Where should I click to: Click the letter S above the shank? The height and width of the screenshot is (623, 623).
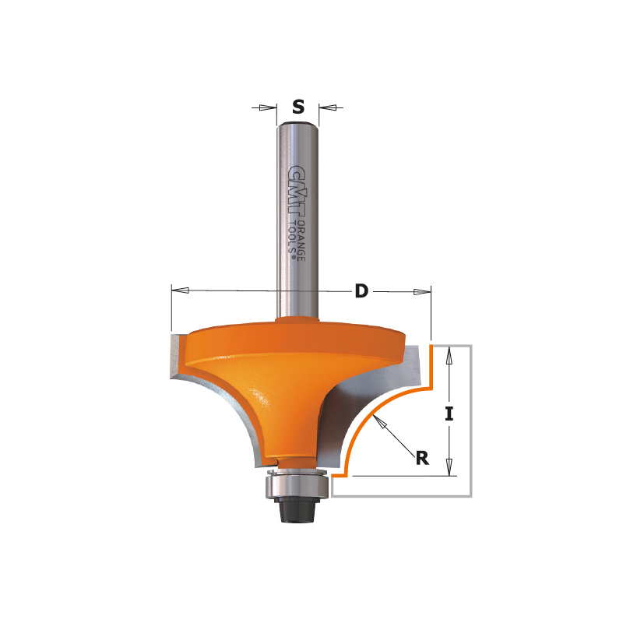tap(298, 107)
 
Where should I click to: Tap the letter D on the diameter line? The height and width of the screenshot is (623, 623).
tap(361, 291)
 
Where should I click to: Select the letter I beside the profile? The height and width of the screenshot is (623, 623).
tap(449, 414)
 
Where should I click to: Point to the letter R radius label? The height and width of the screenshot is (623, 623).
tap(422, 458)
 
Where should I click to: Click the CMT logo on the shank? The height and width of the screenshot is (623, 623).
tap(297, 192)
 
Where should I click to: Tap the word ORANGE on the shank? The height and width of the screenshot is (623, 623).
tap(301, 241)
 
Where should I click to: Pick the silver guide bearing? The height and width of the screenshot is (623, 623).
tap(297, 484)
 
